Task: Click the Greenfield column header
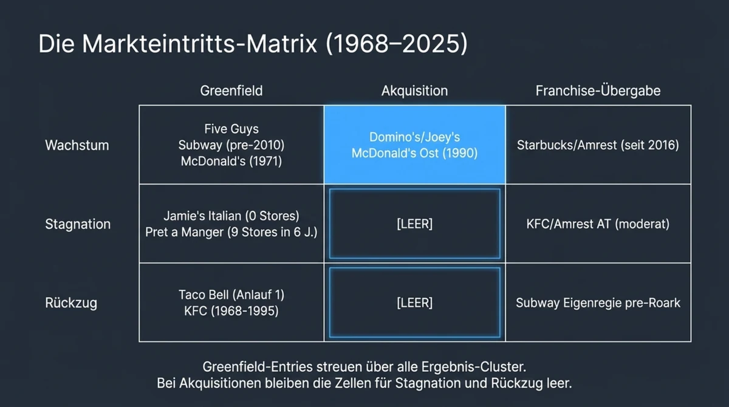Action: [x=231, y=91]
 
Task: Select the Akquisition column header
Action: [x=414, y=91]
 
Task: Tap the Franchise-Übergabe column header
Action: [x=598, y=91]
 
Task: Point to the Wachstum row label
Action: [x=77, y=145]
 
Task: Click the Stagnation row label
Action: [x=78, y=224]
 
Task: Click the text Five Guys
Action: [x=231, y=129]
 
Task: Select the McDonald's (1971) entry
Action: [x=231, y=162]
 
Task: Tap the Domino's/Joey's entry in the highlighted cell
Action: [x=414, y=137]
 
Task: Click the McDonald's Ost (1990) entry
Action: [x=414, y=154]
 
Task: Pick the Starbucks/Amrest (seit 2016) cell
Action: [x=598, y=145]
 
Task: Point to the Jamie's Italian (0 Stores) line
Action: [x=231, y=216]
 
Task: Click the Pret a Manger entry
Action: [x=231, y=233]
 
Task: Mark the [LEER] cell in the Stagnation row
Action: [x=414, y=224]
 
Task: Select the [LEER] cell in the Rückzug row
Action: [x=414, y=303]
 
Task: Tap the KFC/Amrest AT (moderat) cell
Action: [x=598, y=224]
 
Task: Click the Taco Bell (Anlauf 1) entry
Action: [x=231, y=295]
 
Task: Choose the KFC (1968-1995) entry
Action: [x=231, y=311]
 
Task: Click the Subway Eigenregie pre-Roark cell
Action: [x=598, y=303]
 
